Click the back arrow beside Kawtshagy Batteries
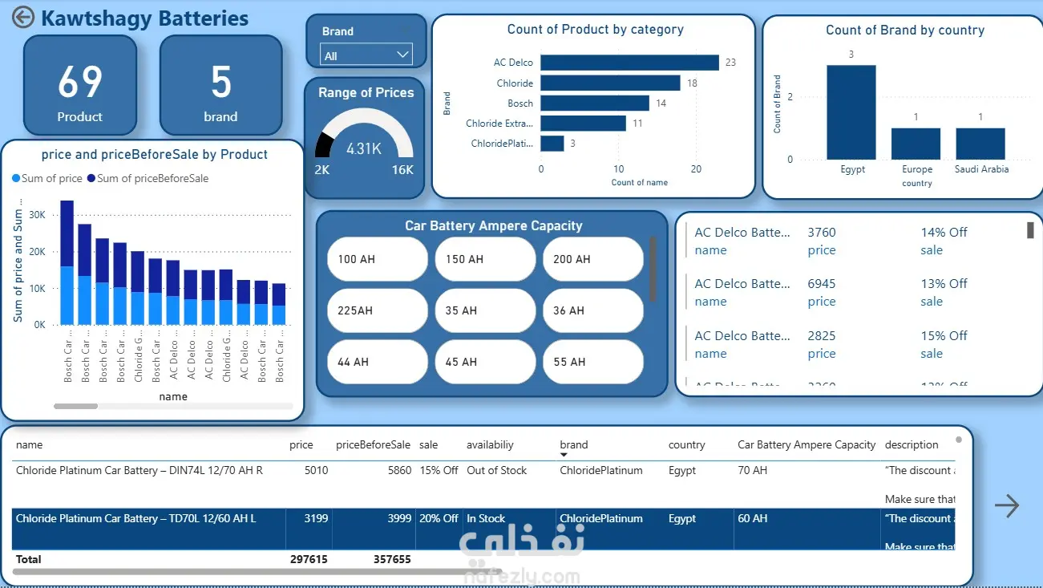(x=23, y=18)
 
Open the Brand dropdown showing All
(x=366, y=55)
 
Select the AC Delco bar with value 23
(x=629, y=63)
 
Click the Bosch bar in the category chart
(x=595, y=103)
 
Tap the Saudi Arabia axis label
(x=981, y=169)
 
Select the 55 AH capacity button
(x=592, y=362)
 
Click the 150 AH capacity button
(x=485, y=259)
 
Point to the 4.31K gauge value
(x=364, y=148)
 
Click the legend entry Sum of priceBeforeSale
(x=152, y=178)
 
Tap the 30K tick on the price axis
(x=37, y=215)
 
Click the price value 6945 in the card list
(x=822, y=284)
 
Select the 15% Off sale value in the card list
(x=944, y=335)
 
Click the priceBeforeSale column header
(x=373, y=444)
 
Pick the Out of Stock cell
(x=497, y=470)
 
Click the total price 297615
(x=309, y=559)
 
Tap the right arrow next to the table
(x=1006, y=505)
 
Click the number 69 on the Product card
(x=80, y=82)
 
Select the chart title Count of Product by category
(x=595, y=30)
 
